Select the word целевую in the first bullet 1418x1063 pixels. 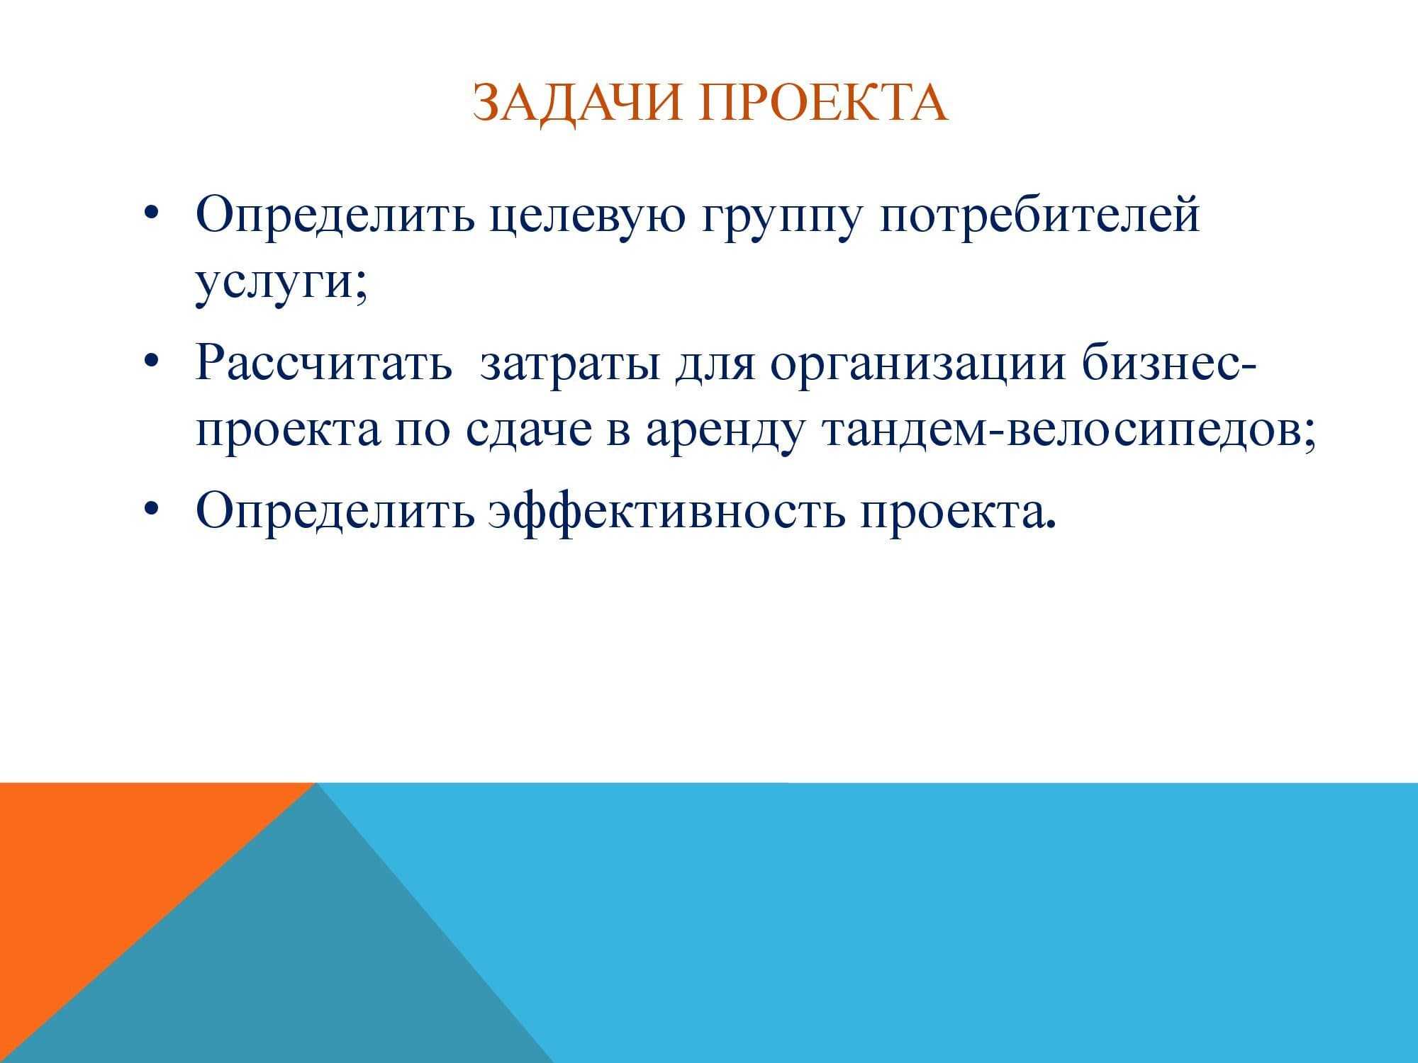click(588, 217)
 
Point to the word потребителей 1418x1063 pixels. click(1039, 216)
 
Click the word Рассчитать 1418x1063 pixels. click(323, 363)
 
